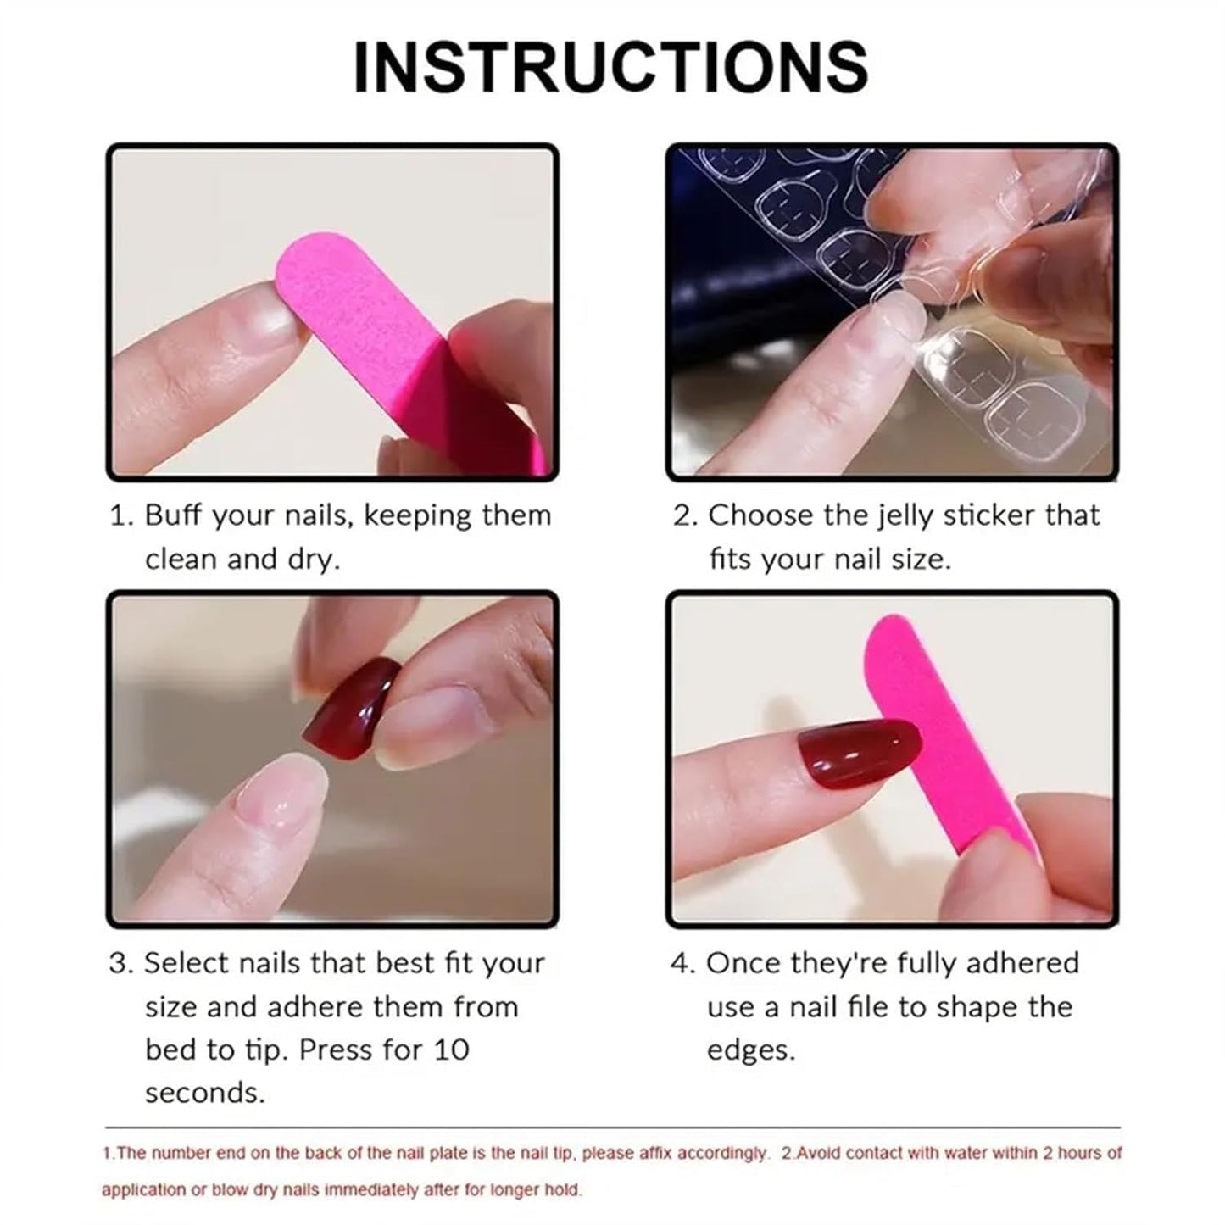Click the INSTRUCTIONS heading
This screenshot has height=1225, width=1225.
pos(610,67)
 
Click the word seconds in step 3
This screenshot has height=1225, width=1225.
pos(204,1093)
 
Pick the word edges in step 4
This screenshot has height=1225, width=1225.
pos(750,1050)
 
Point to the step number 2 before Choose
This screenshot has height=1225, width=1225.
pos(682,515)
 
